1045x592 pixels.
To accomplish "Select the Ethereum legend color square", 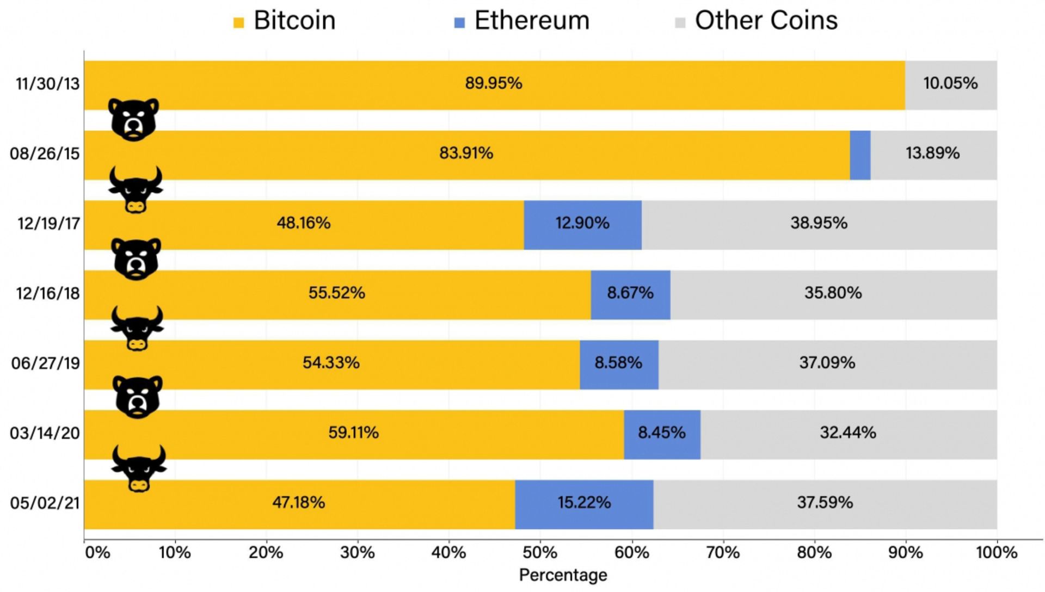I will tap(459, 23).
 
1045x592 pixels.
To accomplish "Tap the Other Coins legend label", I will tap(766, 21).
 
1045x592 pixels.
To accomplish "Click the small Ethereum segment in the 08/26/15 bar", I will tap(860, 155).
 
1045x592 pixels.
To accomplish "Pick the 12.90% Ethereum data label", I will tap(582, 223).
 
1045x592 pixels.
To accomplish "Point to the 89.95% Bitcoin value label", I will tap(493, 83).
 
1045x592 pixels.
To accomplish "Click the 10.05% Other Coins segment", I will tap(950, 85).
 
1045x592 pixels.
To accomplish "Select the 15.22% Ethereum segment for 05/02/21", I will tap(584, 504).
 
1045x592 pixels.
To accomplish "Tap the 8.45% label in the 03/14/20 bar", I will tap(661, 433).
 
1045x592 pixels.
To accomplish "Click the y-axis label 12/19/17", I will tap(48, 224).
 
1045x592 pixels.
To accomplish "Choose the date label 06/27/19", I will tap(46, 363).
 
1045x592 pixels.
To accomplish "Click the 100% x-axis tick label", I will tap(996, 553).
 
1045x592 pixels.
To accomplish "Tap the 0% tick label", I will tap(98, 553).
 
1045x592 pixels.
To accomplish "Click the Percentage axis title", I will tap(563, 575).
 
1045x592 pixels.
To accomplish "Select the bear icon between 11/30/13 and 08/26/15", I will tap(133, 120).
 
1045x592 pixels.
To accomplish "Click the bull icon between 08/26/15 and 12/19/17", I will tap(136, 189).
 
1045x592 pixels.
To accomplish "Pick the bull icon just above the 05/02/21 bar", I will tap(139, 468).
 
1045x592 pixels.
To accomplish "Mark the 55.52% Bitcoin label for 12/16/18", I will tap(336, 293).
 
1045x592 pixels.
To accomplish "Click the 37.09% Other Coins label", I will tap(827, 363).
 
